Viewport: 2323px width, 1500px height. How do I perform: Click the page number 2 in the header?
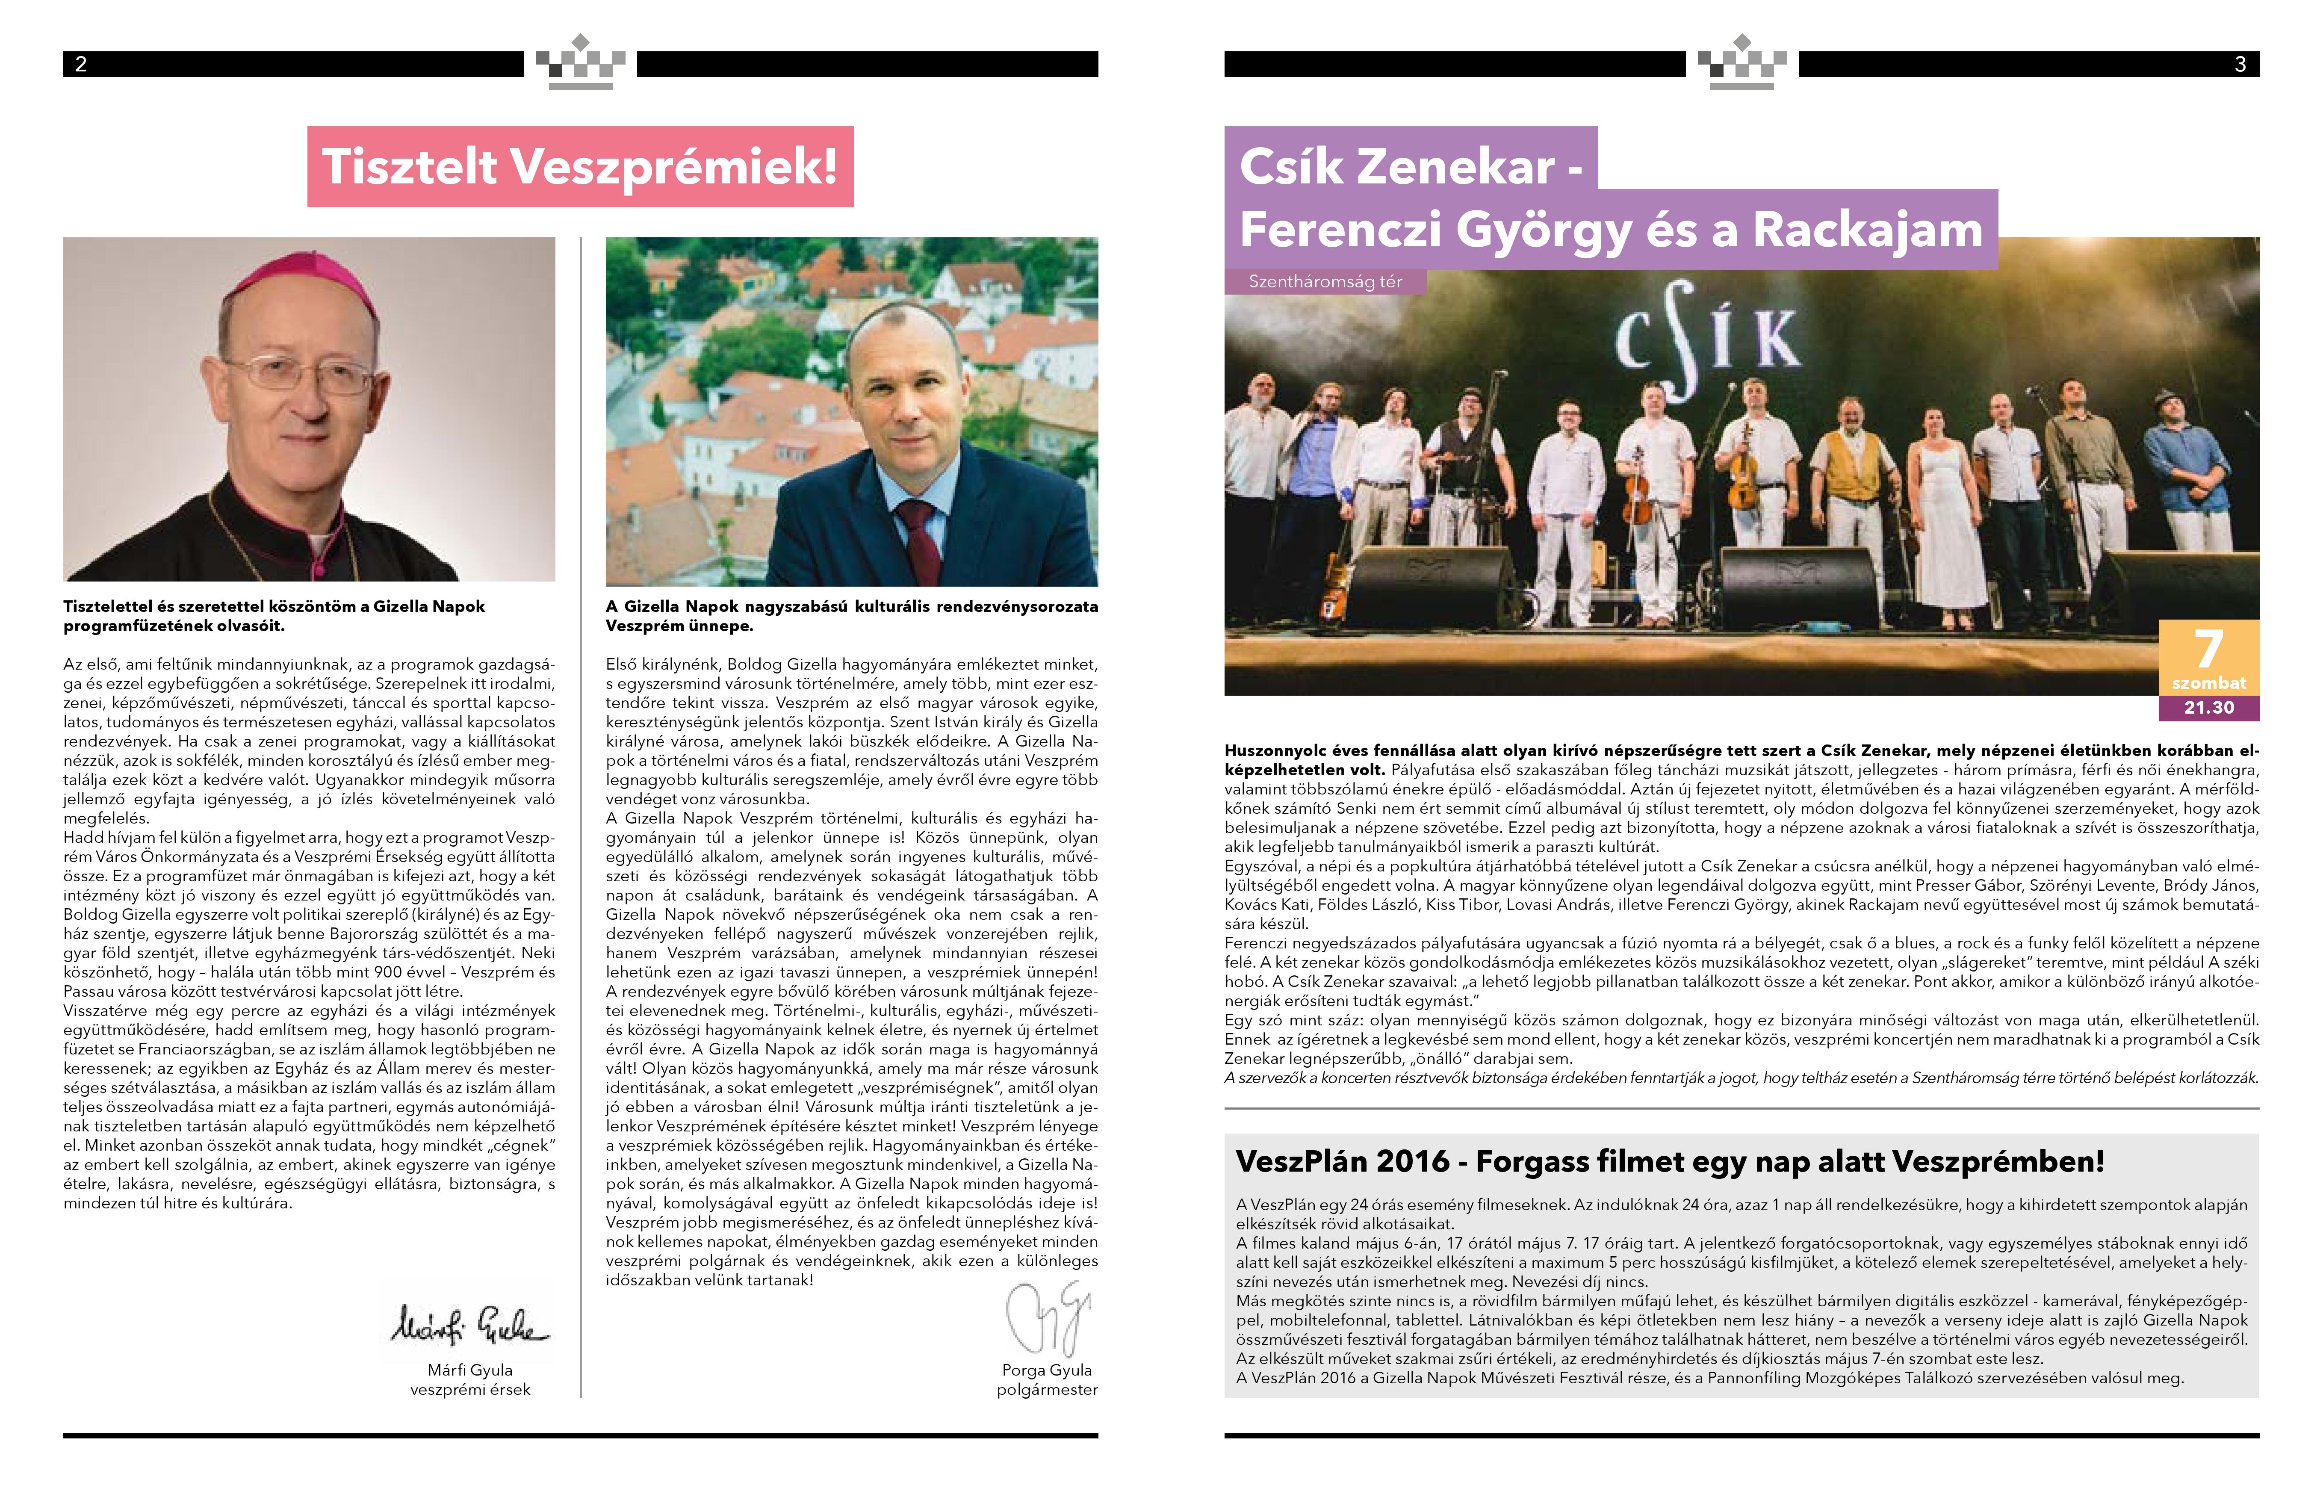click(81, 64)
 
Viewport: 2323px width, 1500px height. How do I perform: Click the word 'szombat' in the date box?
click(2208, 683)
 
